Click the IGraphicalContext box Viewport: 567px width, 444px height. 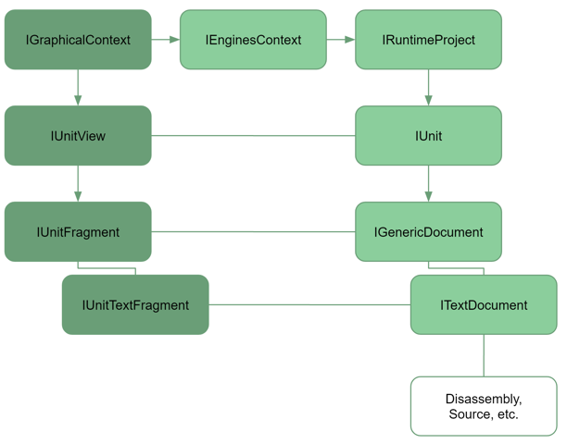pyautogui.click(x=78, y=40)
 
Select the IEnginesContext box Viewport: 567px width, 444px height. pyautogui.click(x=253, y=40)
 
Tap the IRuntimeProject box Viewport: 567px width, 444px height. pyautogui.click(x=429, y=40)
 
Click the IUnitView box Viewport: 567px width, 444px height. pyautogui.click(x=78, y=136)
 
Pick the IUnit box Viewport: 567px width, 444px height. pyautogui.click(x=429, y=136)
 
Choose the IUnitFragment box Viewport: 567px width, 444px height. pyautogui.click(x=78, y=232)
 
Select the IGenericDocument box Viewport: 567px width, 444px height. pyautogui.click(x=429, y=232)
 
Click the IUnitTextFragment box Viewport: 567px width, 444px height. pyautogui.click(x=135, y=304)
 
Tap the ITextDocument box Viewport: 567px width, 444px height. pyautogui.click(x=484, y=304)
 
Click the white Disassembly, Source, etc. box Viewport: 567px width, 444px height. pyautogui.click(x=484, y=406)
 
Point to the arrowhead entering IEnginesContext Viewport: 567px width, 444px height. pyautogui.click(x=175, y=40)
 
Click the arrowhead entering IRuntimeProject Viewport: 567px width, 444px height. pyautogui.click(x=350, y=40)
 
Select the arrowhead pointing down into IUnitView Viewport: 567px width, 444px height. pyautogui.click(x=78, y=101)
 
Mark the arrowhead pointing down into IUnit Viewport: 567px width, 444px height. pyautogui.click(x=429, y=101)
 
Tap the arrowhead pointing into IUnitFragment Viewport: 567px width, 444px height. pyautogui.click(x=78, y=197)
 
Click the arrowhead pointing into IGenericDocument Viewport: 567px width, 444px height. pyautogui.click(x=429, y=197)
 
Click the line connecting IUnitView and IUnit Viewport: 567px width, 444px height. pyautogui.click(x=253, y=136)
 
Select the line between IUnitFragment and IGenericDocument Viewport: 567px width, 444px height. pyautogui.click(x=253, y=232)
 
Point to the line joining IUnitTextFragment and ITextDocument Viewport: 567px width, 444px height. pyautogui.click(x=309, y=304)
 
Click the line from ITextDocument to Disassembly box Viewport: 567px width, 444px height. pyautogui.click(x=484, y=355)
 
